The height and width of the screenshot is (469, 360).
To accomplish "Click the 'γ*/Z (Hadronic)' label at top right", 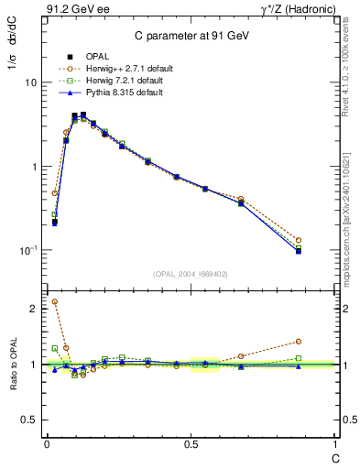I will click(295, 9).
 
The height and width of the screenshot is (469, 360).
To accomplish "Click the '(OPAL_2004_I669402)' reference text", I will click(191, 272).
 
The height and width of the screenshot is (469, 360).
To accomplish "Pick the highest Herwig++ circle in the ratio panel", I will click(55, 301).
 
